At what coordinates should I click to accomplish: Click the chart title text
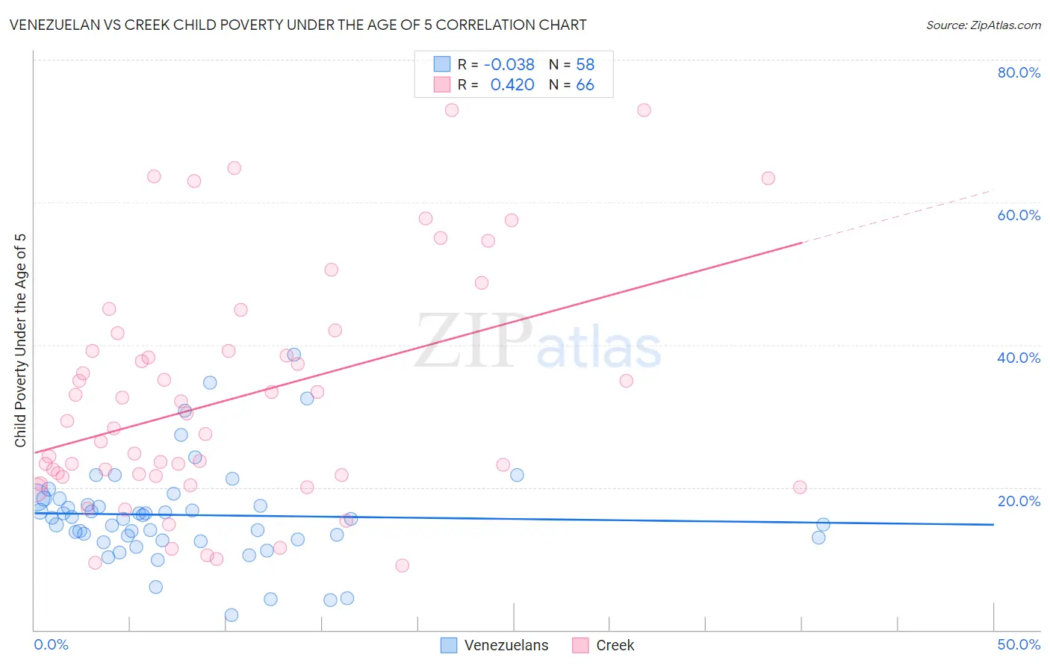(x=297, y=25)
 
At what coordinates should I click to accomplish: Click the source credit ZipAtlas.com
(x=983, y=25)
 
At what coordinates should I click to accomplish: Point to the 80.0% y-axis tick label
(x=1019, y=72)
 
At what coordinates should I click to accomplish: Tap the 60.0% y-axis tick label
(x=1019, y=215)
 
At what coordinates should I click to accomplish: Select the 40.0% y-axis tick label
(x=1019, y=358)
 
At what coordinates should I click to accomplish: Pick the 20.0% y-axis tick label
(x=1019, y=500)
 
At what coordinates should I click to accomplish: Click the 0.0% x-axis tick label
(x=51, y=644)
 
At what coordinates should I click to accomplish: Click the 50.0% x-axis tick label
(x=1019, y=644)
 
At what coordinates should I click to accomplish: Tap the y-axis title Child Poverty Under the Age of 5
(x=20, y=340)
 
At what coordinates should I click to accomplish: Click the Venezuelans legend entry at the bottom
(x=494, y=645)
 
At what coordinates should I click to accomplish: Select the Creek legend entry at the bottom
(x=603, y=645)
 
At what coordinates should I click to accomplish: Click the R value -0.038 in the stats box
(x=509, y=64)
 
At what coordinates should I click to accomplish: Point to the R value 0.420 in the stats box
(x=512, y=84)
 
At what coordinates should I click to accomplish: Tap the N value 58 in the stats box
(x=585, y=64)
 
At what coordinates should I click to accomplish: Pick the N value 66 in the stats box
(x=585, y=84)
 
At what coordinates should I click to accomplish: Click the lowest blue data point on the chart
(x=232, y=615)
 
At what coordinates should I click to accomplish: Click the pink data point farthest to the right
(x=800, y=488)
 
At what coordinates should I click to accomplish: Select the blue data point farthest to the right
(x=823, y=525)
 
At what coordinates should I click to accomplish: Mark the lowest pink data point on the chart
(x=403, y=566)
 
